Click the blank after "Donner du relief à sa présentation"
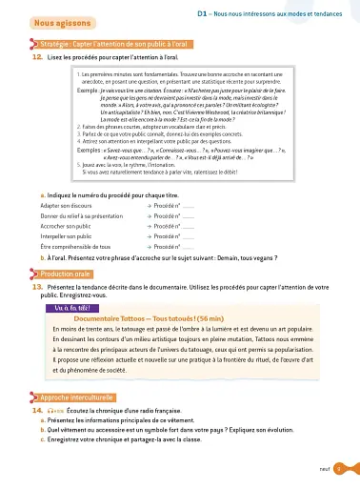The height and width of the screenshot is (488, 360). point(189,215)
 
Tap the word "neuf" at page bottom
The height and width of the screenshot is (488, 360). point(325,469)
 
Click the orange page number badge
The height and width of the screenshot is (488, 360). point(339,469)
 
